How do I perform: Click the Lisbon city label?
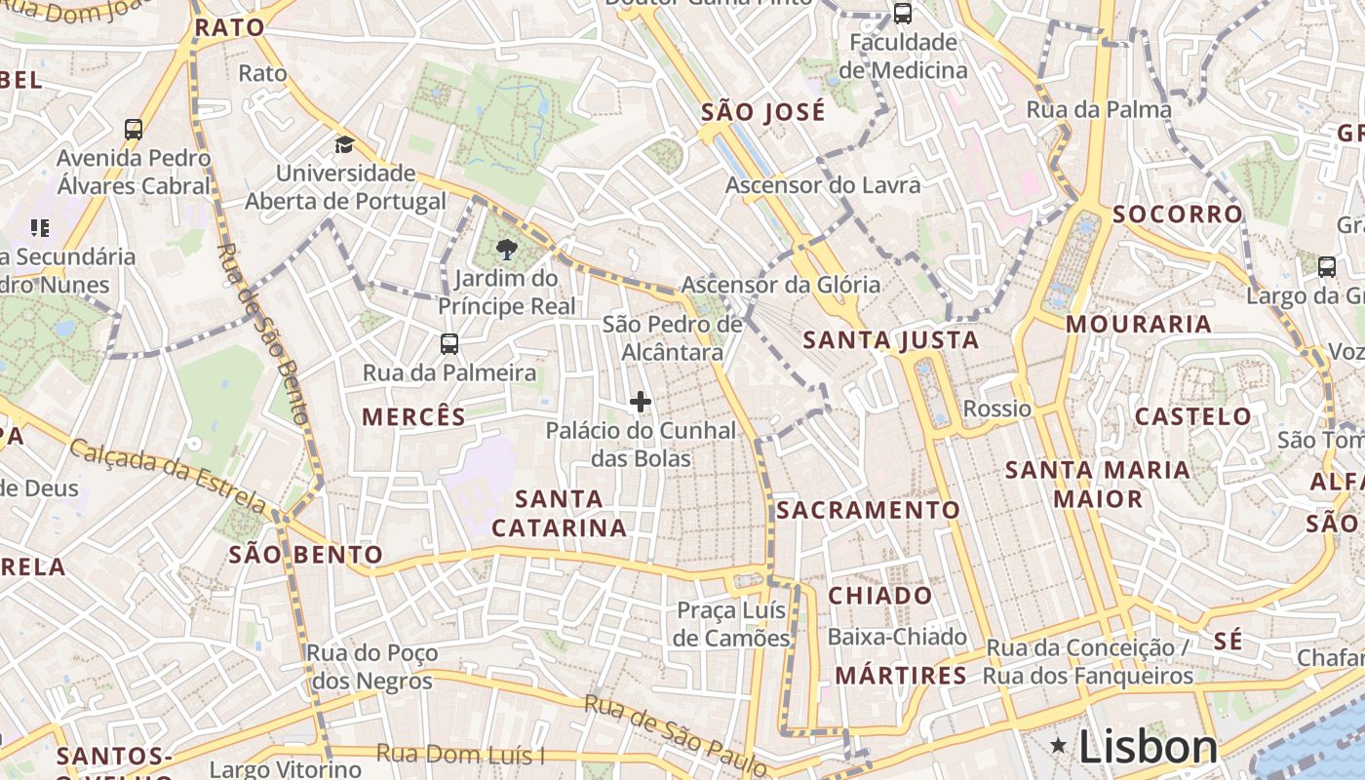point(1148,748)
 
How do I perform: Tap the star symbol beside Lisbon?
point(1059,746)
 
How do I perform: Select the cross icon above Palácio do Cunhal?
point(641,402)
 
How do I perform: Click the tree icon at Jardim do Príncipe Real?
point(506,251)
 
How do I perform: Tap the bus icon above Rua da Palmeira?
point(448,344)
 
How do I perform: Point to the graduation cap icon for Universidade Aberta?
point(344,145)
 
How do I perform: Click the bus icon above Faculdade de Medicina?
point(903,14)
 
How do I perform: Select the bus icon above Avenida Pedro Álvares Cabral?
point(134,129)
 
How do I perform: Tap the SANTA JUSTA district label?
point(890,340)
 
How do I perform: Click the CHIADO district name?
point(879,596)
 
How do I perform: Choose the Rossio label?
point(996,409)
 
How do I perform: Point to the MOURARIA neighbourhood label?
point(1138,324)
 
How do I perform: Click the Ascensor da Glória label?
point(780,285)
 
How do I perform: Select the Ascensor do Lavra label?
point(822,185)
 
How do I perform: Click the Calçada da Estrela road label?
point(168,475)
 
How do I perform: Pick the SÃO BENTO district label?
point(305,555)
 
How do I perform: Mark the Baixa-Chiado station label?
point(897,637)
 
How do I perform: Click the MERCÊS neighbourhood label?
point(413,417)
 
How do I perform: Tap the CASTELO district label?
point(1192,416)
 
